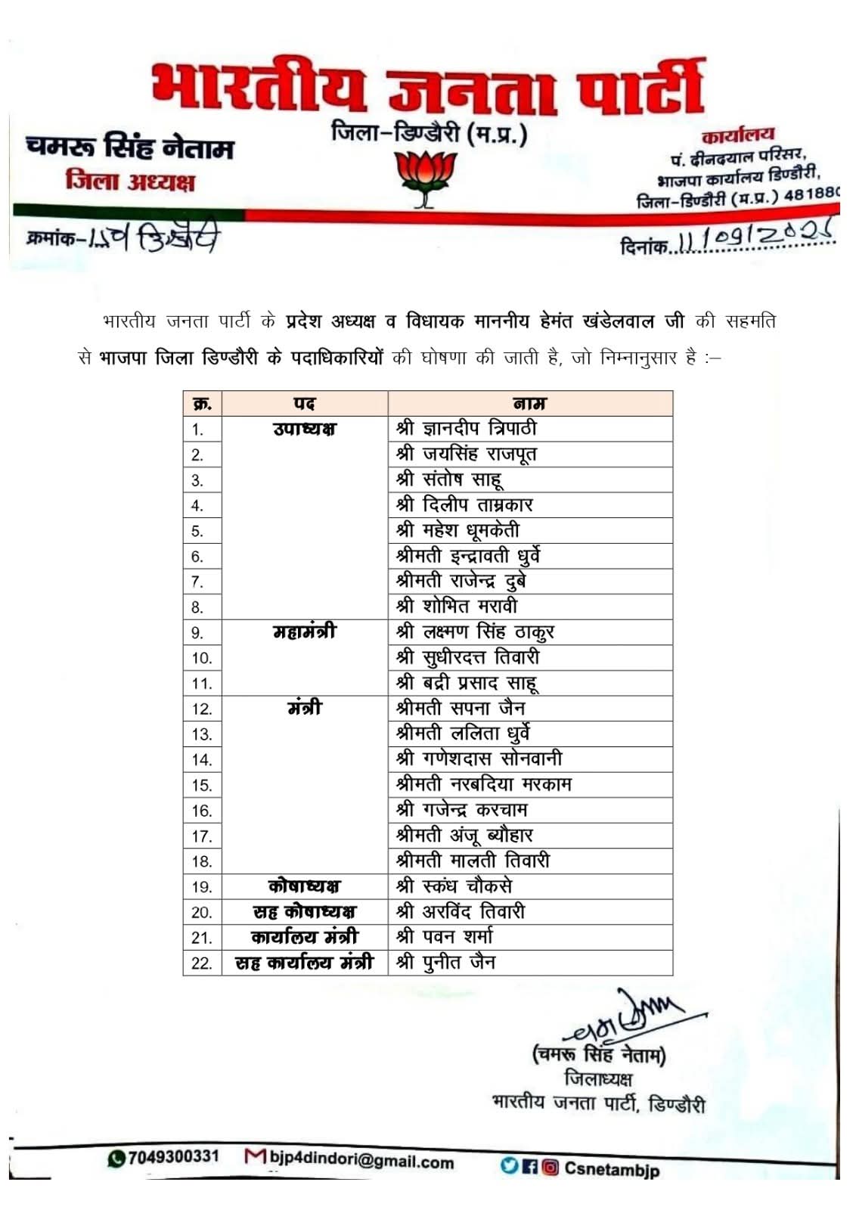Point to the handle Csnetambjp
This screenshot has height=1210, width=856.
[611, 1170]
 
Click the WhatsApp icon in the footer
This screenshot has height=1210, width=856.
[116, 1158]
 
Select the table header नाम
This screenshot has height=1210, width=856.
[529, 403]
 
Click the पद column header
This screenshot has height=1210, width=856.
[304, 403]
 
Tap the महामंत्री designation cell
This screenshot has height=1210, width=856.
[304, 631]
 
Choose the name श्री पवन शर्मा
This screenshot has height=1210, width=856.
[445, 937]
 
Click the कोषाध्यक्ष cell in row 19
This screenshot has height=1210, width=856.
[304, 886]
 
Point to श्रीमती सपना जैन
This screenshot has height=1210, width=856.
[461, 709]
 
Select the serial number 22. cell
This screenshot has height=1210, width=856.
[201, 963]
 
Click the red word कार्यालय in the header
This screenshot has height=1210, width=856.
[738, 136]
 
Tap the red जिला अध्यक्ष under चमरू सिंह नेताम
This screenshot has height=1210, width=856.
[130, 181]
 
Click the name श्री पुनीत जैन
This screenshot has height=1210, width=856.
[446, 963]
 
